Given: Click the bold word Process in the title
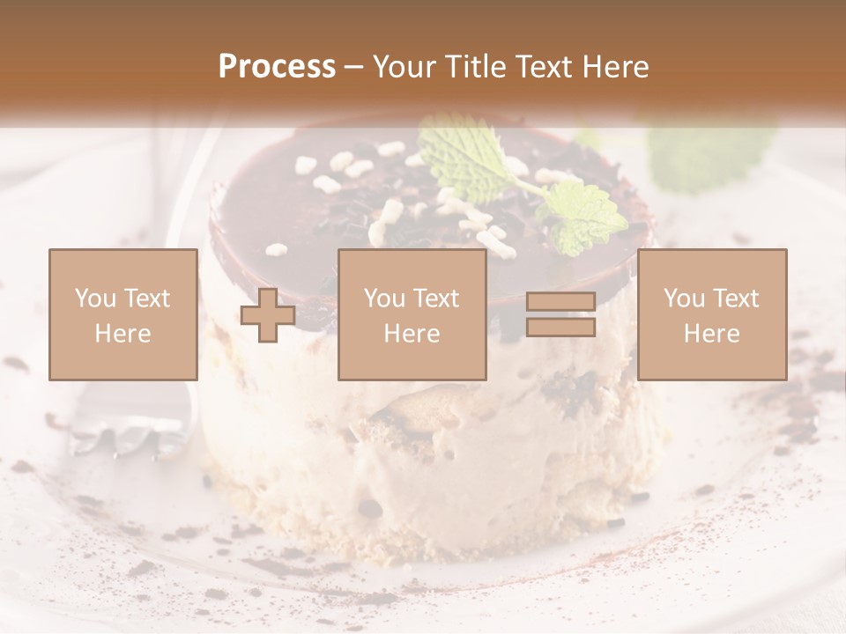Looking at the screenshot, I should click(x=277, y=67).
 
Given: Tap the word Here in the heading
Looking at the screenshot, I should click(x=613, y=67).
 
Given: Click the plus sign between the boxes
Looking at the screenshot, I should click(x=268, y=314).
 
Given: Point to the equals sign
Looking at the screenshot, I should click(x=560, y=314).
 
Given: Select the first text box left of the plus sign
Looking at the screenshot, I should click(x=122, y=314).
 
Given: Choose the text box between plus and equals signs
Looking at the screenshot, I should click(x=412, y=314).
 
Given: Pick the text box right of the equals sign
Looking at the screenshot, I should click(x=712, y=314).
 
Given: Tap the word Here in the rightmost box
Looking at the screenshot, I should click(x=712, y=333).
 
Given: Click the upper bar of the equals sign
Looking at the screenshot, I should click(x=560, y=302).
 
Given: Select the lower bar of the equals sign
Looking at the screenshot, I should click(x=560, y=327).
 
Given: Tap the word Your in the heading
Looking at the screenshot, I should click(x=405, y=67).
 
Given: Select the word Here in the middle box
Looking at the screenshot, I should click(x=412, y=333).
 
